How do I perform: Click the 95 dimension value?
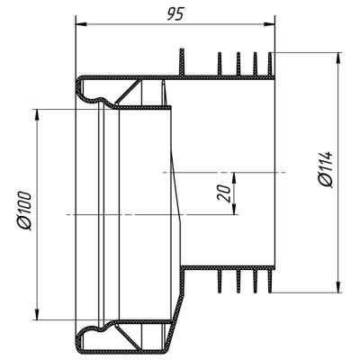[x=175, y=14]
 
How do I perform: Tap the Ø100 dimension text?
[x=24, y=211]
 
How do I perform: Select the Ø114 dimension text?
[x=326, y=169]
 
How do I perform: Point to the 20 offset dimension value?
[x=224, y=193]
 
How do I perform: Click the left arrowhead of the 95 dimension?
[x=80, y=24]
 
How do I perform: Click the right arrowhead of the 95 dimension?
[x=269, y=24]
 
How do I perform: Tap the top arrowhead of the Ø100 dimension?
[x=37, y=114]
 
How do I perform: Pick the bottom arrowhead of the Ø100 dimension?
[x=37, y=314]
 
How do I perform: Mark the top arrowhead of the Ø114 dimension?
[x=339, y=58]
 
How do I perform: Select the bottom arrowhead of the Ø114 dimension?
[x=339, y=287]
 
